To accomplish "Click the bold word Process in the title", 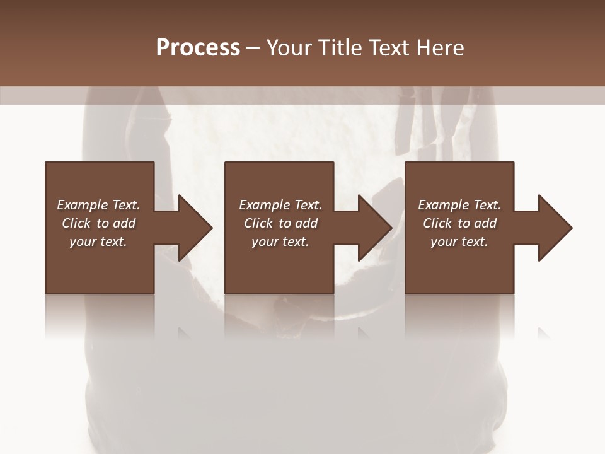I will coord(198,48).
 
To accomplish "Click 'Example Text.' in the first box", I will coord(98,205).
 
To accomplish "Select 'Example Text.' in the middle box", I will coord(280,205).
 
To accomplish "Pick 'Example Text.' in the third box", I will coord(459,205).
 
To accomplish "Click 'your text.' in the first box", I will coord(98,242).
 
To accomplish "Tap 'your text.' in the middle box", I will coord(280,242).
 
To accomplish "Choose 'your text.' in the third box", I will coord(459,242).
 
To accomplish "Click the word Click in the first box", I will coord(76,223).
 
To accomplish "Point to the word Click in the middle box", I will coord(258,223).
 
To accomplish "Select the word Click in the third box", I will coord(437,223).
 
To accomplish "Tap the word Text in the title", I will coord(388,48).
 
